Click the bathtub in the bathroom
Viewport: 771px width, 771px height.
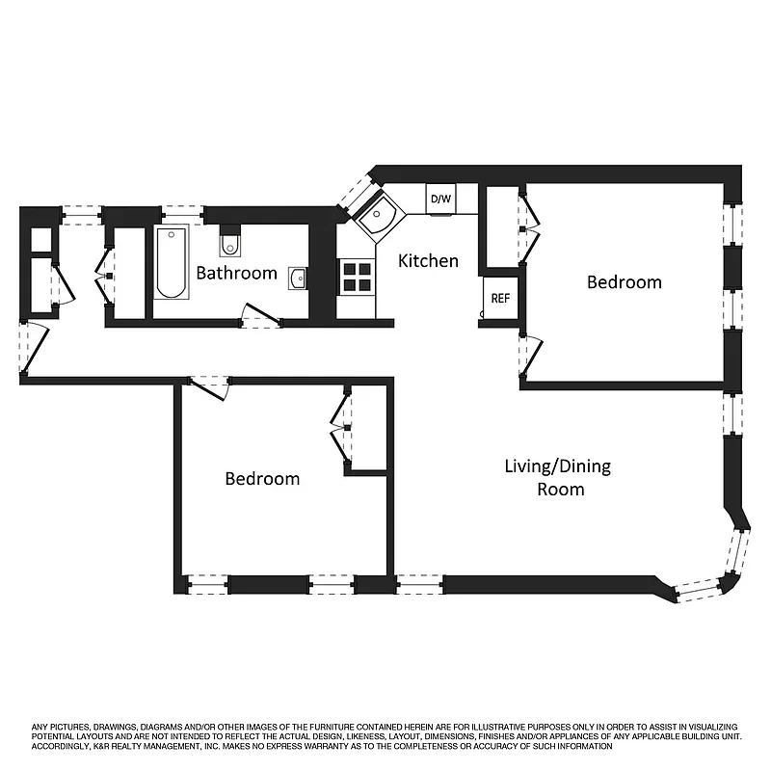coord(172,262)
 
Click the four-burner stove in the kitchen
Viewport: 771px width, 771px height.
coord(357,277)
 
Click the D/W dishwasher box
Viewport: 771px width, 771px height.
coord(440,199)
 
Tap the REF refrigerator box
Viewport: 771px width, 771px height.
coord(500,298)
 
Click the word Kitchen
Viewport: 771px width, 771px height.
coord(428,261)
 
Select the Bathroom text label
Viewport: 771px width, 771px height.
coord(236,273)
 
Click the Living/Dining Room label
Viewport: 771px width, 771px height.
coord(558,477)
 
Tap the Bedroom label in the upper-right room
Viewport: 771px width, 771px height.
coord(625,282)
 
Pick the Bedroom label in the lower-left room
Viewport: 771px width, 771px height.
coord(262,479)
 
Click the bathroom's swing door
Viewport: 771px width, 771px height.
coord(258,315)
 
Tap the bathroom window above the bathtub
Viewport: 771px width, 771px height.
coord(181,214)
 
